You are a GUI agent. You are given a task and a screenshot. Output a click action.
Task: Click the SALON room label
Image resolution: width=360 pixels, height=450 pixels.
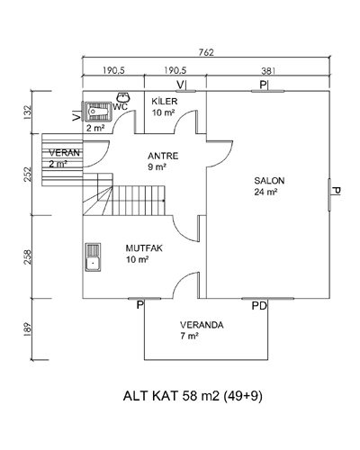tap(269, 181)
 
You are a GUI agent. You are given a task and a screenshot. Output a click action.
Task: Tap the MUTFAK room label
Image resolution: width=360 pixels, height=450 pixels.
tap(144, 248)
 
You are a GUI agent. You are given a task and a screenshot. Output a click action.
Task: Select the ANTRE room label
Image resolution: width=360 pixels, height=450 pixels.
tap(163, 156)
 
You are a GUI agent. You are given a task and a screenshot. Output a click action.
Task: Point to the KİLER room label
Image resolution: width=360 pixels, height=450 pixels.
tap(165, 101)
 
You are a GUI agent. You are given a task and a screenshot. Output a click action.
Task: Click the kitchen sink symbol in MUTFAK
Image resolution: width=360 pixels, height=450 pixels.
tap(93, 257)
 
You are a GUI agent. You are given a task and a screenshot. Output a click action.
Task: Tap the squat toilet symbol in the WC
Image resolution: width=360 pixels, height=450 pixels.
tap(97, 112)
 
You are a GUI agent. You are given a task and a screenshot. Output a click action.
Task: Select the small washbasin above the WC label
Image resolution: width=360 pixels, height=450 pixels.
tap(123, 97)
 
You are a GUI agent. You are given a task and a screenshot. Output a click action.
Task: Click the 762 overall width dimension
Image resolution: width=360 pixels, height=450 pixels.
tap(206, 52)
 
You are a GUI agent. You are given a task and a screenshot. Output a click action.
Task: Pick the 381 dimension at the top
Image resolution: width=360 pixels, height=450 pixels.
tap(268, 71)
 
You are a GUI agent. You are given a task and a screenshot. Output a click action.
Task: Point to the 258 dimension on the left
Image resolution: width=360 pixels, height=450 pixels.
tap(27, 256)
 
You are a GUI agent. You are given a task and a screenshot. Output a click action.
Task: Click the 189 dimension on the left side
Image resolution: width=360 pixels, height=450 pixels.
tap(27, 329)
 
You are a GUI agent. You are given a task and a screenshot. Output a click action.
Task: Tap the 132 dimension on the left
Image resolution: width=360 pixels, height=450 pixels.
tap(27, 112)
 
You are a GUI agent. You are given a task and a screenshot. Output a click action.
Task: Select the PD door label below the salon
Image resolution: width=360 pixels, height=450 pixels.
tap(259, 306)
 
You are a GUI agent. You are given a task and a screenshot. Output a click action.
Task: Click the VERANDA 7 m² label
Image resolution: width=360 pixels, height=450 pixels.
tap(202, 330)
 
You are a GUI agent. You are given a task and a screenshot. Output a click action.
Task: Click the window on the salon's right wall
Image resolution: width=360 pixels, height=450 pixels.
tap(329, 194)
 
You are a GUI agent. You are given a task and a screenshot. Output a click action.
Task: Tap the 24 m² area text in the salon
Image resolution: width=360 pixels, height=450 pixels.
tap(265, 192)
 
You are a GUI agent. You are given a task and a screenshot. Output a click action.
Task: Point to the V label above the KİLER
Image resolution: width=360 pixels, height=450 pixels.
tap(181, 85)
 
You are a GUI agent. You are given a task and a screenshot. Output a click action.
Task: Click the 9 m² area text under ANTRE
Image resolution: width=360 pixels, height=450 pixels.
tap(157, 166)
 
